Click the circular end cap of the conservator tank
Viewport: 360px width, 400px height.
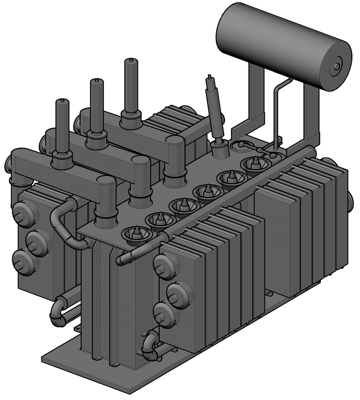[x=336, y=66]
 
